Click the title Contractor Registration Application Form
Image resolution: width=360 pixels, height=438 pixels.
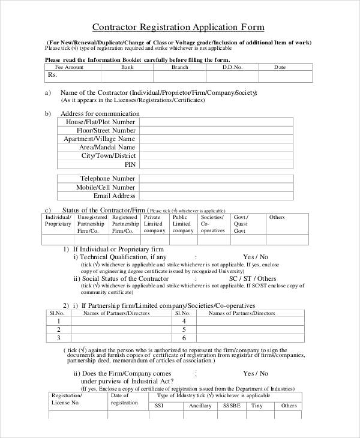tap(178, 28)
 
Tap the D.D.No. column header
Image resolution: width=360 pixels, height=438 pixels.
tap(232, 67)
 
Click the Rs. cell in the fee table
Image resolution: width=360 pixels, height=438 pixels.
tap(52, 76)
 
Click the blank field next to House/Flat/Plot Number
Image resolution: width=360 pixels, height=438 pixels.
tap(215, 122)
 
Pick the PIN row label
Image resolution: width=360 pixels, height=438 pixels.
tap(130, 164)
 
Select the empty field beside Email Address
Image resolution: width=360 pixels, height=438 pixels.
tap(215, 196)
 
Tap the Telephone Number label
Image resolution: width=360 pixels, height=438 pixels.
tap(107, 178)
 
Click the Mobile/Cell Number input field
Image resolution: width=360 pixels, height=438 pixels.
tap(215, 187)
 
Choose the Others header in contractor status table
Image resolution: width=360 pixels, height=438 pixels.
tap(277, 217)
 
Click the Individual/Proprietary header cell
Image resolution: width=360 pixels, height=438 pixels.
tap(58, 220)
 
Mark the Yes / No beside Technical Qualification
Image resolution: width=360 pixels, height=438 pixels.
tap(256, 256)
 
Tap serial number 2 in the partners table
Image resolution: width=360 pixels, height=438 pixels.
tap(58, 329)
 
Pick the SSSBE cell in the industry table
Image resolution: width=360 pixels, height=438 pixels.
tap(232, 406)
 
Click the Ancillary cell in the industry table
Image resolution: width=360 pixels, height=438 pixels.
tap(200, 406)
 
